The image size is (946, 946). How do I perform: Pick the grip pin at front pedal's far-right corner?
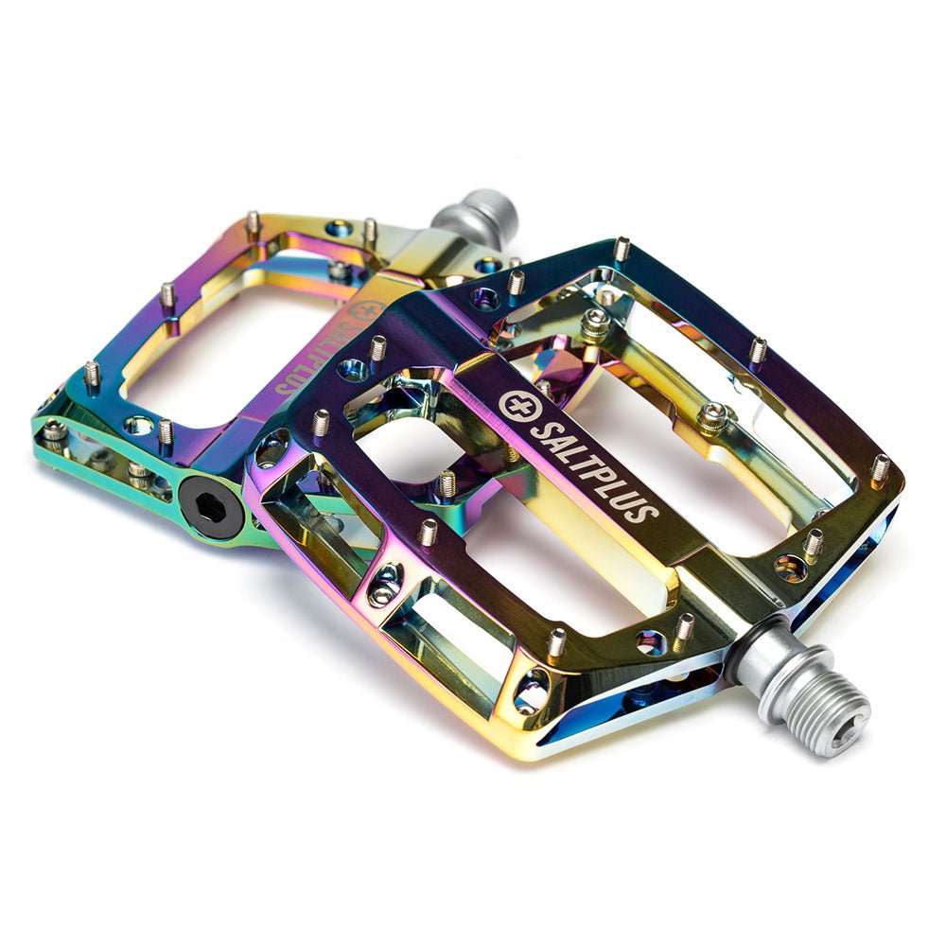coord(880,467)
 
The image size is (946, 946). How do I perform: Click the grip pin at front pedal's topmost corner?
coord(622,248)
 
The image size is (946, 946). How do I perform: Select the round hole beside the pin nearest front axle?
coord(651,642)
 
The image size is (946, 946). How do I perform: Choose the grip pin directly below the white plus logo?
coord(447,482)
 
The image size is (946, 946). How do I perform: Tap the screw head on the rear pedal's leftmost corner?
coord(54,431)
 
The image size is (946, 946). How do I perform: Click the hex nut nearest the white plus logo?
coord(595,324)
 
